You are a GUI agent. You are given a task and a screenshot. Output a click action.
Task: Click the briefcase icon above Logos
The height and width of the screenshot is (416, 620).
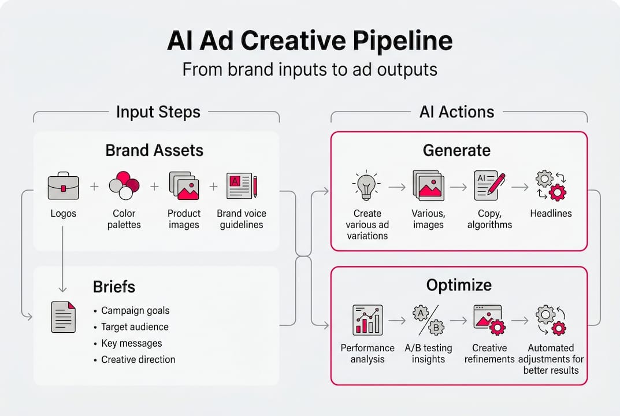(x=63, y=185)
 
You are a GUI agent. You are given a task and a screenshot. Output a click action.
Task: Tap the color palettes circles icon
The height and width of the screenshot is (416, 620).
(x=124, y=185)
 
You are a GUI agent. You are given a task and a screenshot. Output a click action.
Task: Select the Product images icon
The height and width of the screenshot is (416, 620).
(x=184, y=185)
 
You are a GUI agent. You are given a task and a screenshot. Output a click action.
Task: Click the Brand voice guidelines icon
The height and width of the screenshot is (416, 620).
(x=242, y=185)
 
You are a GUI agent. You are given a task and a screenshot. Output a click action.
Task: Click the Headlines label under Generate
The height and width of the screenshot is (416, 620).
(x=550, y=213)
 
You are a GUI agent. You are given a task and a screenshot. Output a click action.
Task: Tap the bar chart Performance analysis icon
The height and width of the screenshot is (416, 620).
(x=367, y=320)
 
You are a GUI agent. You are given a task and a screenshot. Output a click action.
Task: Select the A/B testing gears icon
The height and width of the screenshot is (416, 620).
(x=428, y=320)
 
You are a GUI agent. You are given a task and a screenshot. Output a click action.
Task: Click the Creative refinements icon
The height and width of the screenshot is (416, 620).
(x=489, y=320)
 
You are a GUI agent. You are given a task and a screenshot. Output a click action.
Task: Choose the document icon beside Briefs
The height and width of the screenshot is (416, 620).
(x=63, y=317)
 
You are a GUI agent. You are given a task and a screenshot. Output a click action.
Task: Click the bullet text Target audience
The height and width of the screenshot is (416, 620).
(x=135, y=327)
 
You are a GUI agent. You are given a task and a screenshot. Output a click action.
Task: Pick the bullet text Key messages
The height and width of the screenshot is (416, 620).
(x=131, y=343)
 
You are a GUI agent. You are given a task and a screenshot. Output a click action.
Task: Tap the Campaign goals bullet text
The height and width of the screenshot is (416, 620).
(x=135, y=311)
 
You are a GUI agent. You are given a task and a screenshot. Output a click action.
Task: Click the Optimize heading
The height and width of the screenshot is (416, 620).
(x=459, y=285)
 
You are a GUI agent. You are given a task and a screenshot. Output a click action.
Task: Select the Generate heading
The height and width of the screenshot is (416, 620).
(x=456, y=151)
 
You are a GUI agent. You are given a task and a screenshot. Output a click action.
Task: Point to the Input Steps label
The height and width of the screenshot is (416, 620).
(x=158, y=112)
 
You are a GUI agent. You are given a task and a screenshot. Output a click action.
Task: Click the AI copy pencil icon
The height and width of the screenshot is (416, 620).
(x=489, y=185)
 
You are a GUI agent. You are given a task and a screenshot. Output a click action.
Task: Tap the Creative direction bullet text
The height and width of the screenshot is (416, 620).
(x=138, y=359)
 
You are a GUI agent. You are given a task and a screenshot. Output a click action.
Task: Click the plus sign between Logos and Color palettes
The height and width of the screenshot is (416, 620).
(x=94, y=186)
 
